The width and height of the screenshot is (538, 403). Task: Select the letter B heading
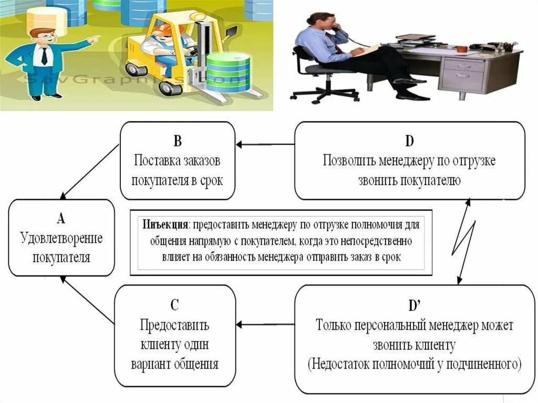[177, 140]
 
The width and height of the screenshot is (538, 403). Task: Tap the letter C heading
[175, 304]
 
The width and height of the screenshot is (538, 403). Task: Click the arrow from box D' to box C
[265, 324]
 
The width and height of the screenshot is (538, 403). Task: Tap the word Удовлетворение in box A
[61, 238]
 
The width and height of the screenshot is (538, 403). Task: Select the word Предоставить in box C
[175, 325]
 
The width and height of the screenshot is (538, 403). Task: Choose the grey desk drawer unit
[462, 74]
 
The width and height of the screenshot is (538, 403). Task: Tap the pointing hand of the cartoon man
[93, 39]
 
